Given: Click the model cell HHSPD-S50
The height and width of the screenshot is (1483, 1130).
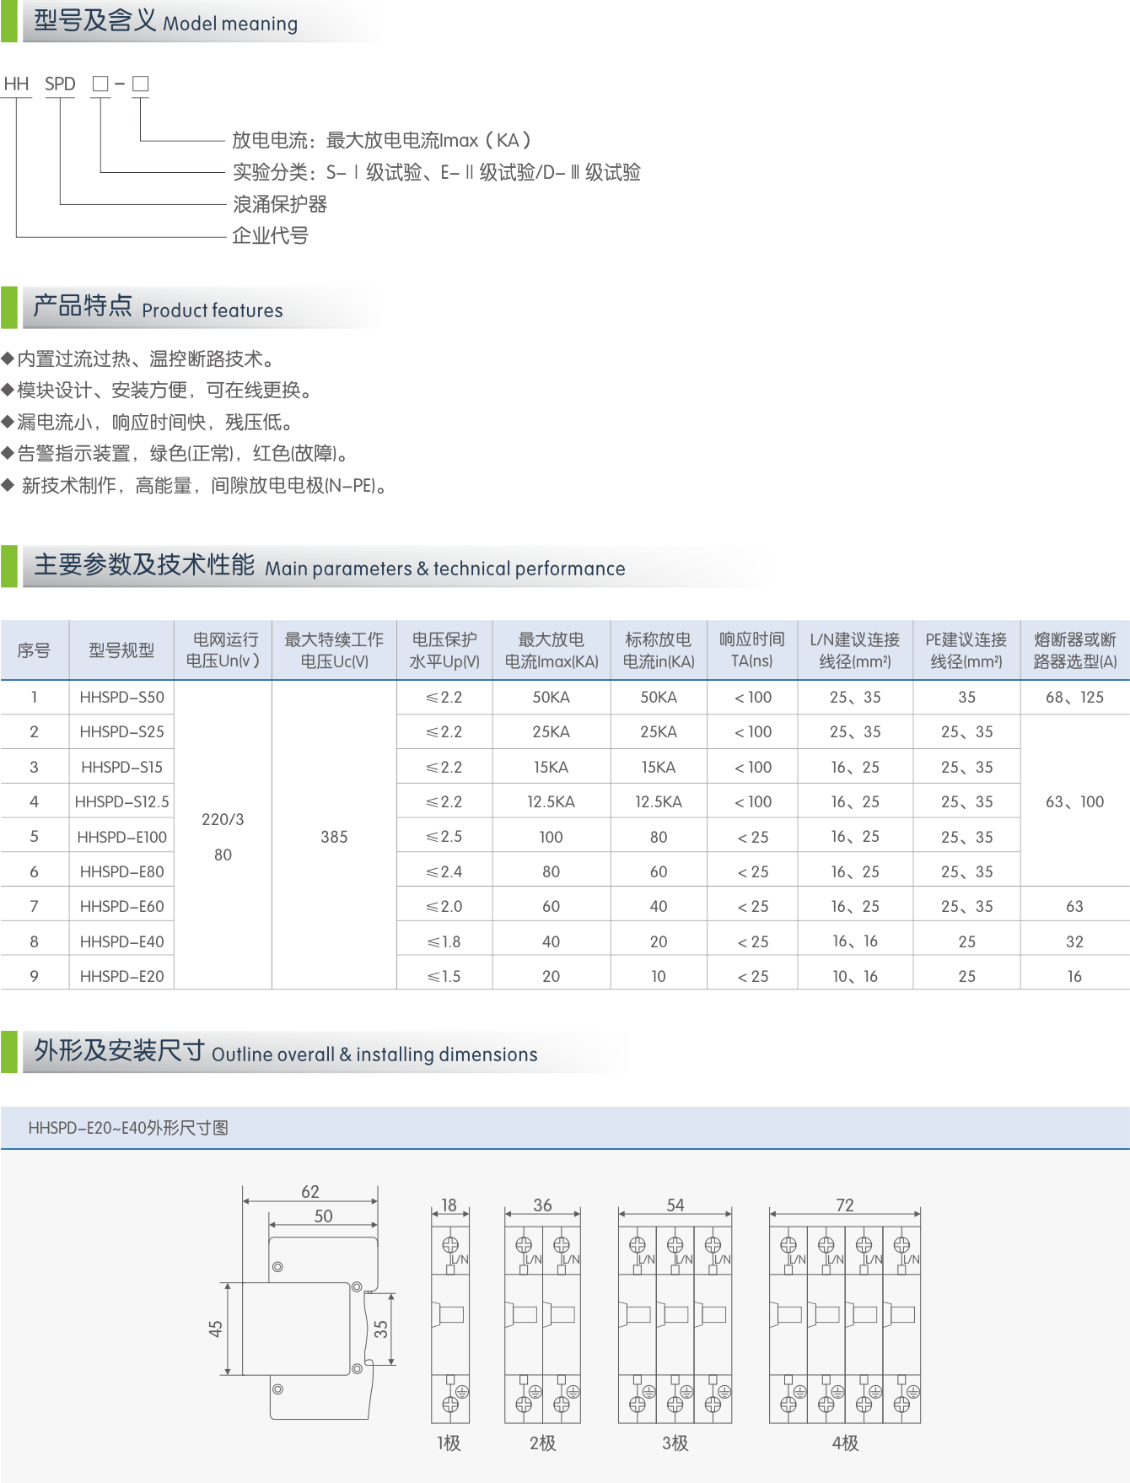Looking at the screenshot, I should (x=121, y=697).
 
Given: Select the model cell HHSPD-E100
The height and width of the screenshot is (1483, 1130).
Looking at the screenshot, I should (x=121, y=837).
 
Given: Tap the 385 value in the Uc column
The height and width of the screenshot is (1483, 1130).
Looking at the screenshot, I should (x=334, y=837).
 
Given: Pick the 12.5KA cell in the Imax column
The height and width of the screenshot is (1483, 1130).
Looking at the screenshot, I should (x=551, y=801).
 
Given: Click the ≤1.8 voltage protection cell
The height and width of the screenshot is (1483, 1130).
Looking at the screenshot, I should (x=444, y=941).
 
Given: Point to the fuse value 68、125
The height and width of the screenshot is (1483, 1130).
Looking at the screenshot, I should (x=1074, y=697).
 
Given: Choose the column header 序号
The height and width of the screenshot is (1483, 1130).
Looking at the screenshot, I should (x=34, y=650).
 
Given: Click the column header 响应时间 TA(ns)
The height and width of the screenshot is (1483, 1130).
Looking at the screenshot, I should (x=751, y=650).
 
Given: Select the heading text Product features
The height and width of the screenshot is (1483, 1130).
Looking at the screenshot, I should (x=212, y=310).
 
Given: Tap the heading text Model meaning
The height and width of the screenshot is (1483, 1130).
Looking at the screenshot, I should (x=230, y=24).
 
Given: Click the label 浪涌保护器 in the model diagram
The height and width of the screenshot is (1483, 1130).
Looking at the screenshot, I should (x=280, y=204).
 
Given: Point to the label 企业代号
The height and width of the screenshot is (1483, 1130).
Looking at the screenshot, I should (x=270, y=236).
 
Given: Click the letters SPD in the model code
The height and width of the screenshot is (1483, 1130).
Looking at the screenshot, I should (x=60, y=84).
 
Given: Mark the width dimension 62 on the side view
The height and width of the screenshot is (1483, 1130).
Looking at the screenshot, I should (x=310, y=1191).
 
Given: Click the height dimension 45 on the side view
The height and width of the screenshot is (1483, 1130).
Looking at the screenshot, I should (x=216, y=1329).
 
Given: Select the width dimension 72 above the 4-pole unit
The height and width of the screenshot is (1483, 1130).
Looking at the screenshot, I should (x=845, y=1205).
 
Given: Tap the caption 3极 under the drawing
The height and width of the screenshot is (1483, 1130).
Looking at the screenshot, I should (x=675, y=1443).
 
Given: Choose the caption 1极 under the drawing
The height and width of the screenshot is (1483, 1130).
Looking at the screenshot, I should (x=449, y=1443).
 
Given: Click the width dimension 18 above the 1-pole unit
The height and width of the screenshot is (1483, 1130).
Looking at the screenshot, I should (x=449, y=1205).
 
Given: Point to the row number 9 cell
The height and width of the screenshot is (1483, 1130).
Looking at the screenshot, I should (x=34, y=976).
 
